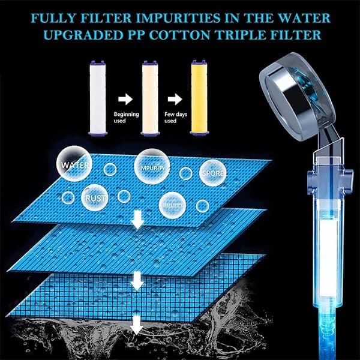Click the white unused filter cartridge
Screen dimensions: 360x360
pyautogui.click(x=98, y=98)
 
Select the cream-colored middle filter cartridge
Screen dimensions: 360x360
pyautogui.click(x=149, y=98)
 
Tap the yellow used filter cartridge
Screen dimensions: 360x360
pyautogui.click(x=199, y=98)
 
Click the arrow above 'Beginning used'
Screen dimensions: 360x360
pyautogui.click(x=125, y=99)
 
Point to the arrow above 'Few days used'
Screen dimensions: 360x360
pyautogui.click(x=175, y=99)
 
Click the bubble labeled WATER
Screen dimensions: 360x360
pyautogui.click(x=74, y=164)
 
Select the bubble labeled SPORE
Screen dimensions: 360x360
pyautogui.click(x=212, y=173)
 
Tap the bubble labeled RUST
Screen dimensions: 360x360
pyautogui.click(x=95, y=197)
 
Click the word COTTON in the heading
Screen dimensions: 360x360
pyautogui.click(x=179, y=35)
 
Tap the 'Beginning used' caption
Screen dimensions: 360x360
pyautogui.click(x=126, y=118)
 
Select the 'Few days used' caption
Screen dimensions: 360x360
pyautogui.click(x=176, y=118)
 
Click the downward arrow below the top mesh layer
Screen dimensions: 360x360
pyautogui.click(x=138, y=220)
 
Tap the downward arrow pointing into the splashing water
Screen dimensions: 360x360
pyautogui.click(x=137, y=325)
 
